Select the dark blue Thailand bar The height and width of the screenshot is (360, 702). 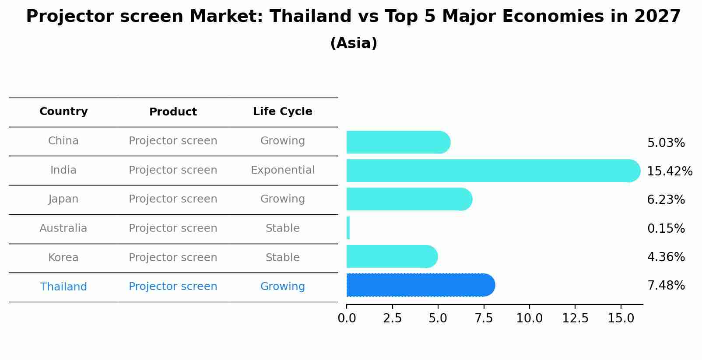(420, 285)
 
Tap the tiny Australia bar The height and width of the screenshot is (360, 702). (348, 228)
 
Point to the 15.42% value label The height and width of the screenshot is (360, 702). (669, 171)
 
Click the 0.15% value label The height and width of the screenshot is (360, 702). (666, 228)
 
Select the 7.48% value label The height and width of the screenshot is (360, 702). (666, 286)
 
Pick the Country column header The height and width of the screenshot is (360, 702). (63, 112)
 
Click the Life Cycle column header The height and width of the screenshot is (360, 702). (282, 112)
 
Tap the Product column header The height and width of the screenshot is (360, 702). (173, 112)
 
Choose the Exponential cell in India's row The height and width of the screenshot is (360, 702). (282, 170)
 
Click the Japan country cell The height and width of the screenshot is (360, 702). (63, 199)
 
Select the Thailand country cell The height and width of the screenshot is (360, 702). (63, 287)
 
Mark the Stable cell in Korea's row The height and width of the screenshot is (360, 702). (282, 258)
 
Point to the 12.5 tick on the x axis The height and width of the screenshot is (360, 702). (575, 318)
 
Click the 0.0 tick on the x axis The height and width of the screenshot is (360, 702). (347, 318)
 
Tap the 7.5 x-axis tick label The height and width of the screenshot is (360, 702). (484, 318)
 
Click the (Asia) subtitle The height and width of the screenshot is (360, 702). (354, 43)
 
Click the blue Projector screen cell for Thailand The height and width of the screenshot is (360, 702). (173, 287)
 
